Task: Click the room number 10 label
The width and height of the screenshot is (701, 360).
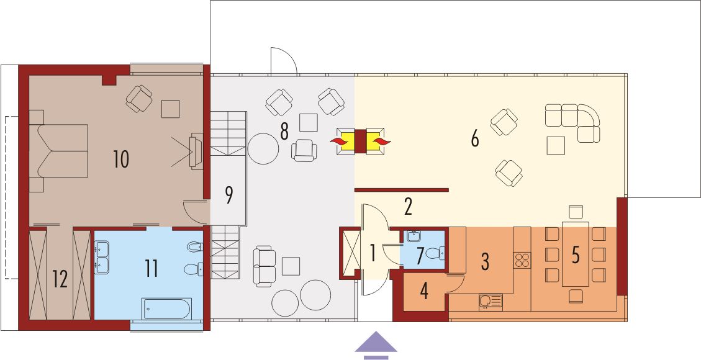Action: pyautogui.click(x=120, y=160)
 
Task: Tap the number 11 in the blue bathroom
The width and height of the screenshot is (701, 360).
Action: pyautogui.click(x=152, y=269)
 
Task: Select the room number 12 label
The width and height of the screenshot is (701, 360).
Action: pyautogui.click(x=60, y=279)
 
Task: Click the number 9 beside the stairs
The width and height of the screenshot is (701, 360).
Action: pyautogui.click(x=228, y=195)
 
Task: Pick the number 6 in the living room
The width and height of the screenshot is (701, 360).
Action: pyautogui.click(x=474, y=140)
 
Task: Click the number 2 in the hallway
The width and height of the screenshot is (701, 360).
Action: pyautogui.click(x=408, y=207)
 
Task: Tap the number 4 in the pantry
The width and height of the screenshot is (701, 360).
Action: pyautogui.click(x=425, y=292)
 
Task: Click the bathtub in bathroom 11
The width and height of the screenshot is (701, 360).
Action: pyautogui.click(x=166, y=308)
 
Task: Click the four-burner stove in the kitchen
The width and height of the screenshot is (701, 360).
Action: pyautogui.click(x=522, y=259)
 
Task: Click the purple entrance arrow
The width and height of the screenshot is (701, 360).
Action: pyautogui.click(x=376, y=345)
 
